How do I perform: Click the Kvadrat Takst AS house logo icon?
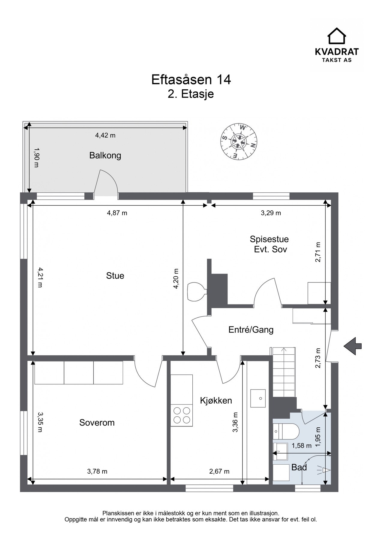click(336, 36)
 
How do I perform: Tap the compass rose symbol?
click(239, 141)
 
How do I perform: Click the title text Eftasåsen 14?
click(191, 80)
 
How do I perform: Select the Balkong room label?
click(105, 155)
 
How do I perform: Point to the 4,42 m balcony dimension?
click(105, 135)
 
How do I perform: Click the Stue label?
click(115, 276)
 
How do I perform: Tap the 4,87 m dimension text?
click(117, 213)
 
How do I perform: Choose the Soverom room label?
click(97, 423)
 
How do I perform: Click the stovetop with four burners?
click(182, 415)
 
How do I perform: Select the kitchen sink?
click(258, 398)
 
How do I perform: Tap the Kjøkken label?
click(216, 400)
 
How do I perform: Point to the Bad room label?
click(299, 467)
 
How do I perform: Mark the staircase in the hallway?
click(284, 372)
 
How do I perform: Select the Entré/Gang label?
click(251, 330)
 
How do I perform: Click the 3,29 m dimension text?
click(271, 213)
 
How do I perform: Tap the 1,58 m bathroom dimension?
click(302, 446)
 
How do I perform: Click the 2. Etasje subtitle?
click(191, 94)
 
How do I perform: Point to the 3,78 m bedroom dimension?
click(97, 472)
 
